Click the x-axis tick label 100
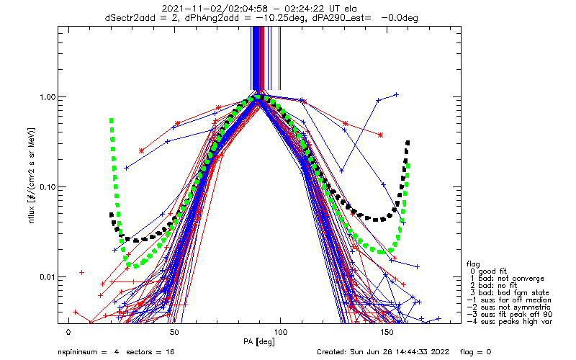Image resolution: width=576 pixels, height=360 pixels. coord(280,332)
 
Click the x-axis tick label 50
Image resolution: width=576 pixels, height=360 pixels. coord(174,332)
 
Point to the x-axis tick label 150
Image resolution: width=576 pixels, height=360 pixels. coord(387,332)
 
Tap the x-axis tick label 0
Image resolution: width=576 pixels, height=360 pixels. coord(68,332)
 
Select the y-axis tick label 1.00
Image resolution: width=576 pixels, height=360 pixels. coord(47,97)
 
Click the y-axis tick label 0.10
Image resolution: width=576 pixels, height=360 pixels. coord(47,187)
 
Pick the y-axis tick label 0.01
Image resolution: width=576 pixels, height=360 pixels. coord(47,276)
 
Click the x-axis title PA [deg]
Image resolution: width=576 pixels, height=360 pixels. coord(259,342)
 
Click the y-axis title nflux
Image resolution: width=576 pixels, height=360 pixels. coord(32,214)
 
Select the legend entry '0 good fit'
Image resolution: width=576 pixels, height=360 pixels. coord(488,271)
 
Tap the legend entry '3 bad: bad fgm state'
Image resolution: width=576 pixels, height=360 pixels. coord(510,293)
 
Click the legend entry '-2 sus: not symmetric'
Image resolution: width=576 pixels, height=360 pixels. coord(509,307)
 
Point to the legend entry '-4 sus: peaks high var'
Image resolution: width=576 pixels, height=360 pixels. coord(510,322)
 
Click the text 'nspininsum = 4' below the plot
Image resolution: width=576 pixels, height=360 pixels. coord(89,352)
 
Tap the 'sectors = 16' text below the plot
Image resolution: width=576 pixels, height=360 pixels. coord(150,352)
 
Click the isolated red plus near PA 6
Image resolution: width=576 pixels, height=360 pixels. coord(81,273)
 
